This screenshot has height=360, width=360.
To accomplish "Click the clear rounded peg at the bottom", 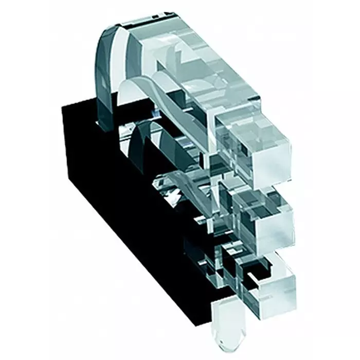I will point(226,324).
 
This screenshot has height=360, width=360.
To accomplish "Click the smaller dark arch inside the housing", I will point(139,144).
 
